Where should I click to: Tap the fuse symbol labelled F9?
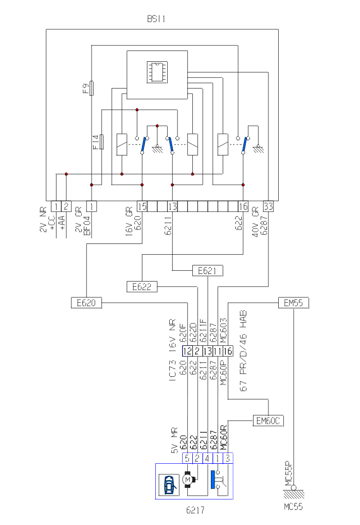coord(92,88)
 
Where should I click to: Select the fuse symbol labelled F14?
coord(101,142)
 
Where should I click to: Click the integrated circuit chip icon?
coord(156,72)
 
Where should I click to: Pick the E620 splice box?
coord(86,303)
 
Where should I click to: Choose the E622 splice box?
coord(141,287)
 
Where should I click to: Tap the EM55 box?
coord(293,303)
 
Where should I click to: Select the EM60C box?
coord(268,421)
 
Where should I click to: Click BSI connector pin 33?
coord(268,206)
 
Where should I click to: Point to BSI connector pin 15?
coord(142,206)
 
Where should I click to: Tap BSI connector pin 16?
coord(243,206)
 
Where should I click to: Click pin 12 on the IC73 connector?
coord(187,352)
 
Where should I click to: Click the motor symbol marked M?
coord(188,480)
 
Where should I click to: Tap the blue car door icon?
coord(169,484)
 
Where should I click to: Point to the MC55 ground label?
coord(293,506)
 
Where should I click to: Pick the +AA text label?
coord(62,222)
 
